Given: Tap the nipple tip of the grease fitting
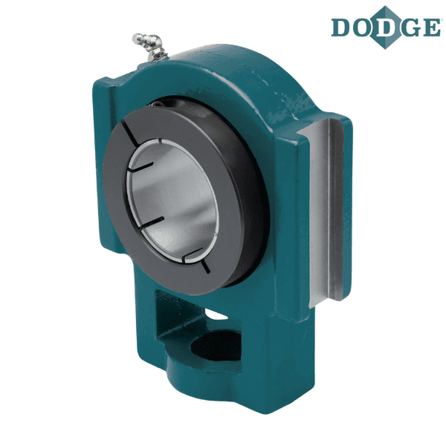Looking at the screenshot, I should point(137,37).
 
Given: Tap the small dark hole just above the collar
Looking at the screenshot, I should point(156,104).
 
